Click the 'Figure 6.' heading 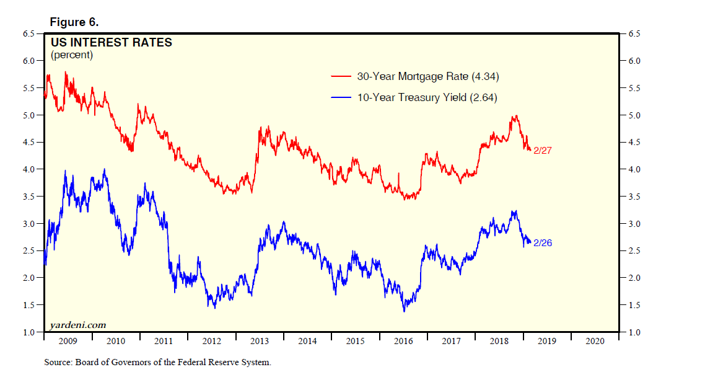[74, 22]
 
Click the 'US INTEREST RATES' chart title [110, 43]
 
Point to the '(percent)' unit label [72, 55]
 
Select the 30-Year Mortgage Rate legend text [428, 77]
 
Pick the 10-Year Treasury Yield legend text [427, 97]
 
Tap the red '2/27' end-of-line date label [542, 151]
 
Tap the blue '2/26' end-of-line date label [542, 243]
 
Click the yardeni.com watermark [77, 324]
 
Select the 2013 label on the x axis [260, 342]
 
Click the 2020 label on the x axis [595, 342]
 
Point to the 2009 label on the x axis [68, 342]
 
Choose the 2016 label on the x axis [403, 342]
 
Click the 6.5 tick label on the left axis [29, 33]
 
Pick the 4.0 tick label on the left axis [29, 169]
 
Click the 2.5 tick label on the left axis [29, 251]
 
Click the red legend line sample [342, 77]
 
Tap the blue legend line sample [342, 97]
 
